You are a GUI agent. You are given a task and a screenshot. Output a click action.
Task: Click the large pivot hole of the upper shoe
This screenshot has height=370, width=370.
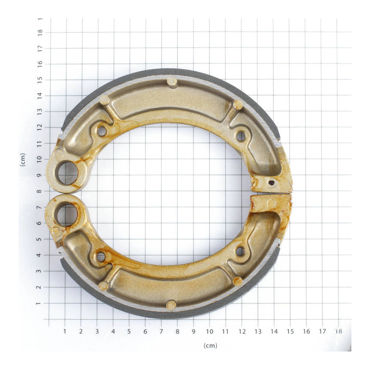coord(68,173)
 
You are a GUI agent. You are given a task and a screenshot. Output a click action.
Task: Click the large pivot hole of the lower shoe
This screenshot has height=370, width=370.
coord(67,214)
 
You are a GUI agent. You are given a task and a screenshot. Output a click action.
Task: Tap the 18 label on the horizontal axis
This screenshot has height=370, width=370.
coord(338,331)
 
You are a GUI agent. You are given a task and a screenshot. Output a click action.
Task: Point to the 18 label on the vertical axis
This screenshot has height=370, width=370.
coord(40,32)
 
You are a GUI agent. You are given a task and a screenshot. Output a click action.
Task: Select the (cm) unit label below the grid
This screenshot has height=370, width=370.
coord(210,345)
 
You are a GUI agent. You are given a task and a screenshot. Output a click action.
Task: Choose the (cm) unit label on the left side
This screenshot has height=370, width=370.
coord(23,160)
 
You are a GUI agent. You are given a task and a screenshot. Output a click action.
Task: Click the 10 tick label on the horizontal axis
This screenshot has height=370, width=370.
coord(210,331)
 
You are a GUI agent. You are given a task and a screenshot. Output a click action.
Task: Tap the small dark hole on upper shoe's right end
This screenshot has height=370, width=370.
coord(271,183)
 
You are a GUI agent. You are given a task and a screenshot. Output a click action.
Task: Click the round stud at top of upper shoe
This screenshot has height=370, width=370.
coord(172,81)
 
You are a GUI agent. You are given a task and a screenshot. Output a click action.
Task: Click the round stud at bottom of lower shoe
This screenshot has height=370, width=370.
coord(171,305)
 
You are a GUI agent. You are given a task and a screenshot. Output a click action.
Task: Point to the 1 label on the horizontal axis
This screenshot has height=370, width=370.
coord(65,331)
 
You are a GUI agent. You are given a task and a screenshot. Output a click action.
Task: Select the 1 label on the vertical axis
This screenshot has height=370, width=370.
coord(40,303)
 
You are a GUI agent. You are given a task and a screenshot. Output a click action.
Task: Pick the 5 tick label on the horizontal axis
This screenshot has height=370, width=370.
coord(129,331)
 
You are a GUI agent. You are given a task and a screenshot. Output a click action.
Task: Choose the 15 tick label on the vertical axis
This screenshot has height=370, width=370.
coord(40,80)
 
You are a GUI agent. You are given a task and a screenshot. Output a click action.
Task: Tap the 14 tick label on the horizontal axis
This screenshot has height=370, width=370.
coord(274,331)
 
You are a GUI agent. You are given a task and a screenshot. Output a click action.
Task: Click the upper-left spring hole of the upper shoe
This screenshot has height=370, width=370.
coord(101,130)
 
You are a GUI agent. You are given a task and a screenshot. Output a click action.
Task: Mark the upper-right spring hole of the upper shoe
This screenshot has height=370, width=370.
coord(240,136)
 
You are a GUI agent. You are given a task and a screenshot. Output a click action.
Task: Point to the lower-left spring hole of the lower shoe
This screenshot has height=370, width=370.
coord(100,257)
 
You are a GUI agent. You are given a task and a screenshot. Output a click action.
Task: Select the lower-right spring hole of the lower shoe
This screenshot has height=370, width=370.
coord(240,251)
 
